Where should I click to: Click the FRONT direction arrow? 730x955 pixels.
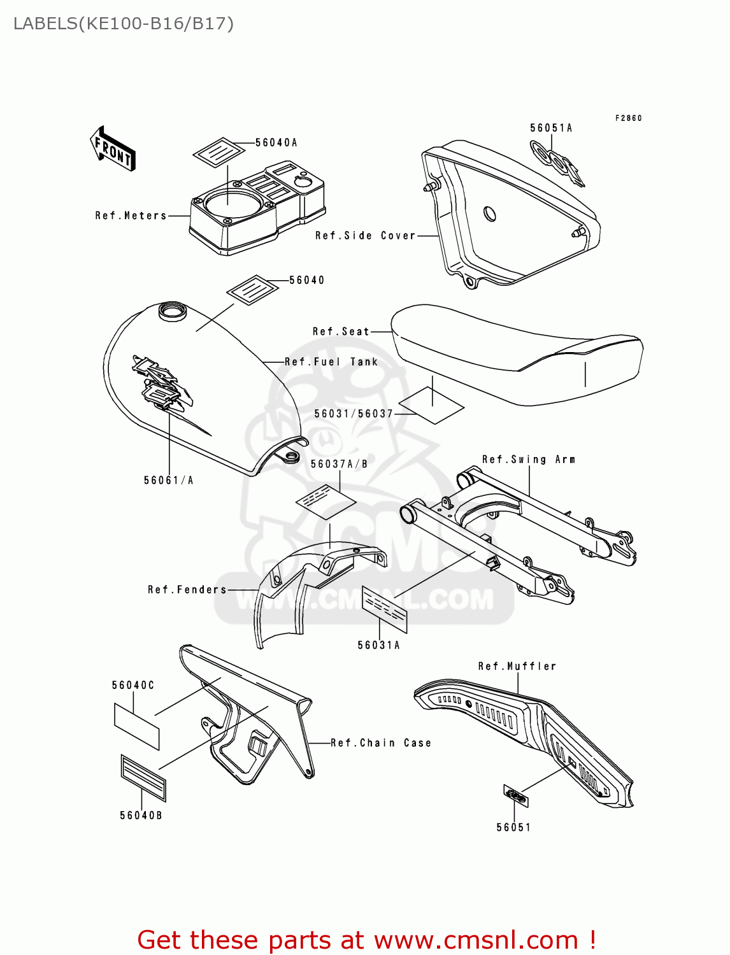tap(113, 149)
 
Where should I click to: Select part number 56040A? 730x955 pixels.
tap(276, 143)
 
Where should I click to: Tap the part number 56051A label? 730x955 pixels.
tap(551, 128)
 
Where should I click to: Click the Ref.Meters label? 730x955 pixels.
tap(131, 216)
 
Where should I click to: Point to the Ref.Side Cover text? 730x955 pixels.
tap(366, 236)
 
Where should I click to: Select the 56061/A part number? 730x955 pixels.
tap(169, 480)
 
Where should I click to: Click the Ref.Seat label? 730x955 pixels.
tap(341, 332)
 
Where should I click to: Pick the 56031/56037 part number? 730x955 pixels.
tap(354, 414)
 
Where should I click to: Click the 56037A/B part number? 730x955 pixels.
tap(340, 464)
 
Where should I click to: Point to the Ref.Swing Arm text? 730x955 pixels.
tap(529, 459)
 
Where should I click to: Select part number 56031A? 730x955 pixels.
tap(379, 645)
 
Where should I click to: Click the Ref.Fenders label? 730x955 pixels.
tap(187, 590)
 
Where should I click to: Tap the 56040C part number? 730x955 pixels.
tap(133, 685)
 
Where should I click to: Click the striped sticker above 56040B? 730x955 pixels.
tap(143, 777)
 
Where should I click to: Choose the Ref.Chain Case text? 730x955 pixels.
tap(381, 743)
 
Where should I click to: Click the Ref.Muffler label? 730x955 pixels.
tap(517, 666)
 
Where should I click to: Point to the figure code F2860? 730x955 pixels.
tap(628, 118)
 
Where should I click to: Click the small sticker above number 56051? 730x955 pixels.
tap(515, 796)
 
